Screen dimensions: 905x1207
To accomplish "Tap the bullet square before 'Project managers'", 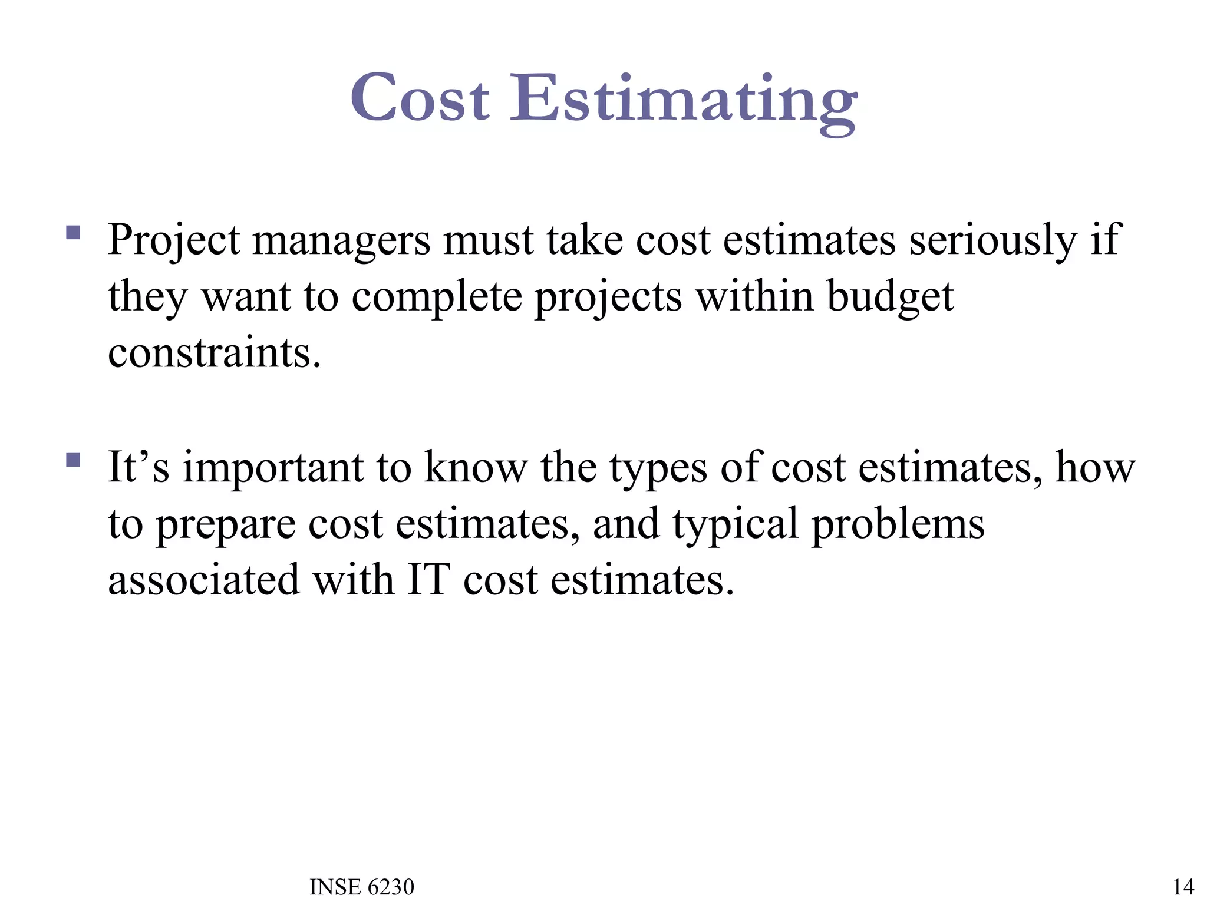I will pos(73,232).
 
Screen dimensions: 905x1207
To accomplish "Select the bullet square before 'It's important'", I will pos(73,460).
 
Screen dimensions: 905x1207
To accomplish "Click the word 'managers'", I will pos(342,242).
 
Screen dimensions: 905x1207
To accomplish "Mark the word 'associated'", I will pos(204,580).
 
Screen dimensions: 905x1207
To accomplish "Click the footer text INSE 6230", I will pos(362,887).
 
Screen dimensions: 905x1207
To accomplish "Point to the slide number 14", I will pos(1183,887).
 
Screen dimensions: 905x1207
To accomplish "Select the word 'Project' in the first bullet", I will pos(174,242).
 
